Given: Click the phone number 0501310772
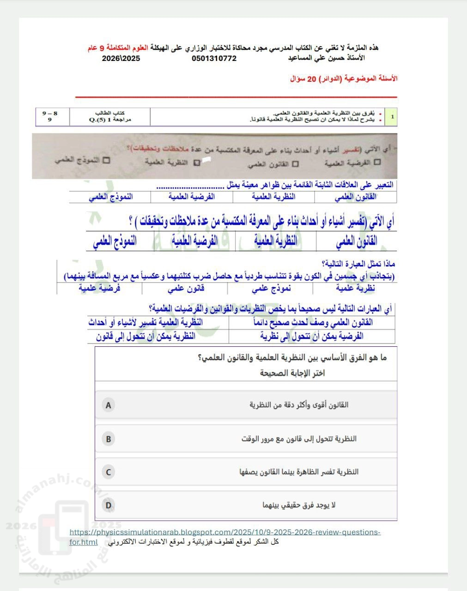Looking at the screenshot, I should (x=214, y=59).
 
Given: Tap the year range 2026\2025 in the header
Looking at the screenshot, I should (x=121, y=59).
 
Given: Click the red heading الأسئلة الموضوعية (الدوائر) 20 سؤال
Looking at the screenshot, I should (x=344, y=78).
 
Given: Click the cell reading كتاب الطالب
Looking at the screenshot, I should (x=110, y=113).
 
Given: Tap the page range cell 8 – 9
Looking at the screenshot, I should (x=50, y=113).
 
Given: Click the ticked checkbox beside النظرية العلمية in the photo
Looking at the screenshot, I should (x=197, y=162).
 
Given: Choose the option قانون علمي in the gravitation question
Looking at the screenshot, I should (x=186, y=289).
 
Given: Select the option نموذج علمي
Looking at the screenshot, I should (x=271, y=289).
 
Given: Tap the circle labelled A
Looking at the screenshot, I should (x=109, y=405).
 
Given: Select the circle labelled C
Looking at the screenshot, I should (x=109, y=472).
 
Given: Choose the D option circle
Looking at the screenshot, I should (x=109, y=505).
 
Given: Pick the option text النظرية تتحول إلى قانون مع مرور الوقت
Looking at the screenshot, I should (x=299, y=439).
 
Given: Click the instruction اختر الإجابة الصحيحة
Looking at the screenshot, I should (x=292, y=373).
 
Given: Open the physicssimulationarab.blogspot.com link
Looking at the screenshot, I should (x=225, y=532).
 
